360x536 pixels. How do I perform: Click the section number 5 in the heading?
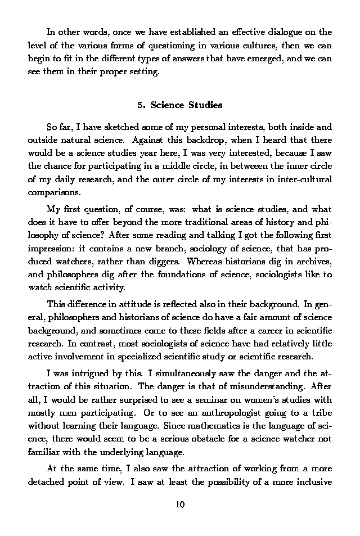[139, 105]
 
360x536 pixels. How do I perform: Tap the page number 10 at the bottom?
[180, 504]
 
